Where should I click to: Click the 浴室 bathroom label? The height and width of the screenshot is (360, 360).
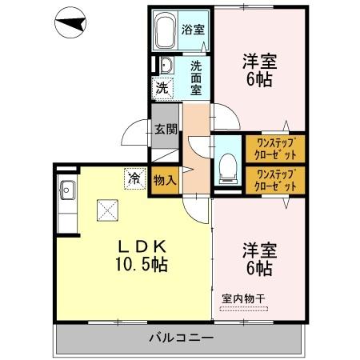(x=193, y=31)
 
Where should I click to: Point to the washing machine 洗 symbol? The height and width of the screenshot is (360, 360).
(x=162, y=88)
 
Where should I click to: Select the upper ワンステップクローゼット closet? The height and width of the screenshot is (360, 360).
(x=274, y=147)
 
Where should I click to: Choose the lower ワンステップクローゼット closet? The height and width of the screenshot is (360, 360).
(x=274, y=180)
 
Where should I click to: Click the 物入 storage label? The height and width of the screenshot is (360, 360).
(x=165, y=181)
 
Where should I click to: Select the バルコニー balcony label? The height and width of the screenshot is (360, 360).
(x=182, y=338)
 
